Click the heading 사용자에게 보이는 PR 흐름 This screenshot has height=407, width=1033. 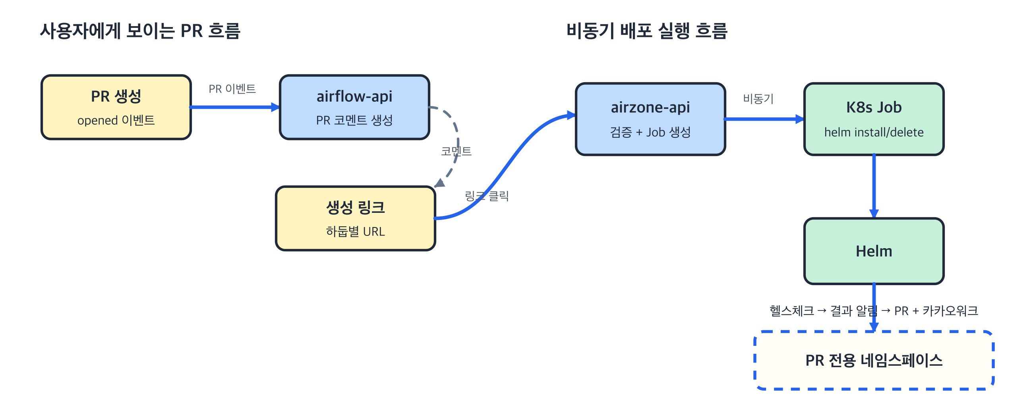[140, 31]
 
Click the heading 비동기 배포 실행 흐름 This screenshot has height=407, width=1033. [647, 31]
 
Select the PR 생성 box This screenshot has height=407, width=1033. [116, 107]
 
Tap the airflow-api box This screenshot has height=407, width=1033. [354, 107]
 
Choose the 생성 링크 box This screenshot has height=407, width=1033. [355, 218]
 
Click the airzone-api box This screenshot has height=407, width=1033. [650, 119]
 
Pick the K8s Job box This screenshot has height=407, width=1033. [874, 119]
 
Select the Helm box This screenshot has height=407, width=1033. [874, 251]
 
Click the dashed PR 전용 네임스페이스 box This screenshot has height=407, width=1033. [874, 360]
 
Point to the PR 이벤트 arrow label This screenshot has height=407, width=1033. [232, 89]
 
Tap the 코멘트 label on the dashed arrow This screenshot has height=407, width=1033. [457, 151]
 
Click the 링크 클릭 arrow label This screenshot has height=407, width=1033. [487, 196]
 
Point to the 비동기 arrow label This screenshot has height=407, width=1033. [758, 98]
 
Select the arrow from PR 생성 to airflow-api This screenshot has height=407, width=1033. [234, 107]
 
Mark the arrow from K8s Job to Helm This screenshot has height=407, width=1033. [874, 186]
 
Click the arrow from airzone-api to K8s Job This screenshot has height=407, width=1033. [764, 119]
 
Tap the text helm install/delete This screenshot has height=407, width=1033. [874, 132]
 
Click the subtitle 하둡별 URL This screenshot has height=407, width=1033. [355, 231]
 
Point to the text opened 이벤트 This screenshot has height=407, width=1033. [116, 120]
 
